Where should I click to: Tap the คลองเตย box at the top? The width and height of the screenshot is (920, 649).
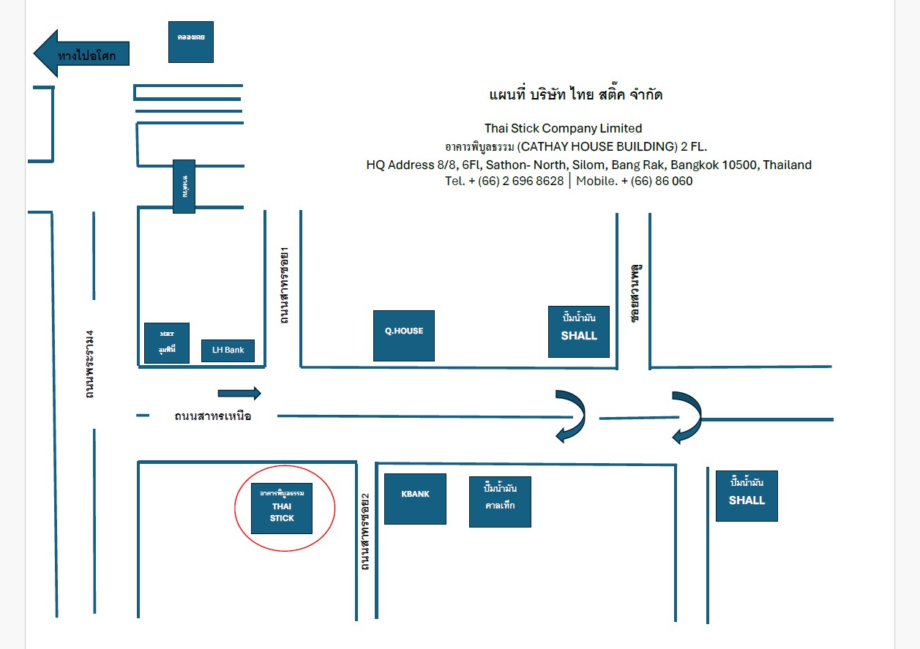coord(191,42)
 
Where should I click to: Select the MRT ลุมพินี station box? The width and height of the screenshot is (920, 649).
coord(167,343)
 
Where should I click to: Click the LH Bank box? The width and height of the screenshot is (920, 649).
coord(228,350)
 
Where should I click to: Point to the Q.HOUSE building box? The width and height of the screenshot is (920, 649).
coord(404,336)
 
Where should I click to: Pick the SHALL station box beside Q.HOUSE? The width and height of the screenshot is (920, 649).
coord(579,331)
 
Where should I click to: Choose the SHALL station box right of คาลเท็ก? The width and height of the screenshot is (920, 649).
coord(747,495)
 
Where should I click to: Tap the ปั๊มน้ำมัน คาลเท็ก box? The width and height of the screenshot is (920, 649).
coord(500,501)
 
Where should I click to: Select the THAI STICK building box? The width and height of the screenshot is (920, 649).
coord(282,508)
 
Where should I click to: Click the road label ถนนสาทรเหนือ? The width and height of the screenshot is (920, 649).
coord(213,416)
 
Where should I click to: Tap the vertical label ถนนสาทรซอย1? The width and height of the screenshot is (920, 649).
coord(285,286)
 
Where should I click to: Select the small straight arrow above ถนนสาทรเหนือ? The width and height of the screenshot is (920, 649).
coord(239,394)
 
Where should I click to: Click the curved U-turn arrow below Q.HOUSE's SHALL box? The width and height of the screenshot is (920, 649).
coord(571,416)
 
